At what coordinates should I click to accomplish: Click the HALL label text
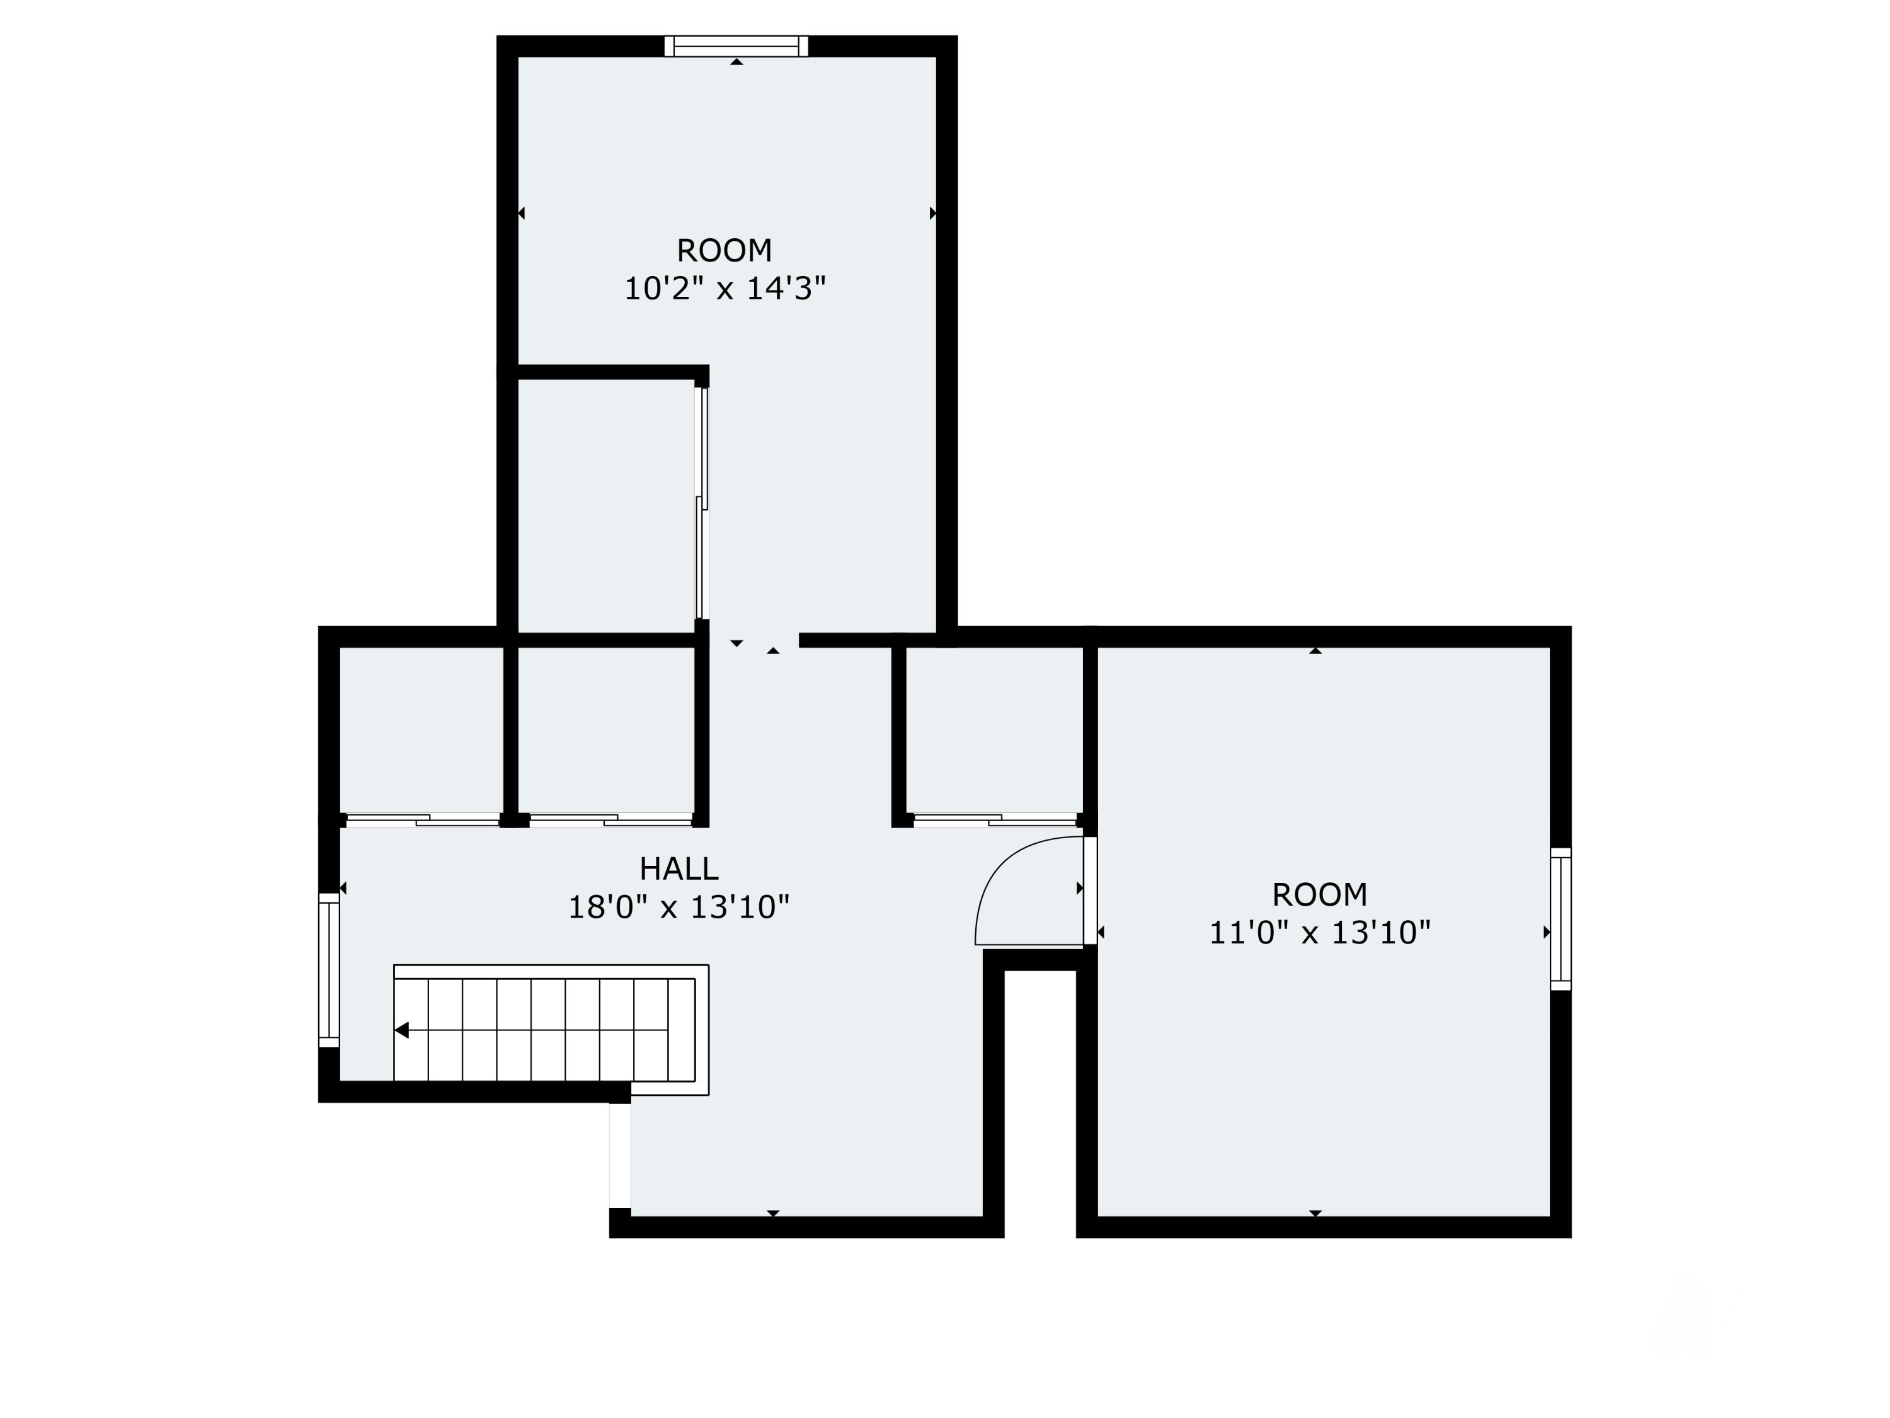(x=679, y=868)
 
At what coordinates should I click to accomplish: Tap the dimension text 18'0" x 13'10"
(x=679, y=907)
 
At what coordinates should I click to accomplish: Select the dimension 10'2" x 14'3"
(x=724, y=289)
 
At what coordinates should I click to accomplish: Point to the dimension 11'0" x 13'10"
(x=1319, y=933)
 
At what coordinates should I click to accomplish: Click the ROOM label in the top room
(x=724, y=250)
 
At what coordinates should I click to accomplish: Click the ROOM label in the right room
(x=1319, y=894)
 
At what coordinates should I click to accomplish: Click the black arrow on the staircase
(x=401, y=1031)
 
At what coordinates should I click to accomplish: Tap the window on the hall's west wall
(x=329, y=970)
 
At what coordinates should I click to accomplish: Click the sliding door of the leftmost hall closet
(x=423, y=821)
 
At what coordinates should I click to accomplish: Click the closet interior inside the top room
(x=606, y=504)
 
